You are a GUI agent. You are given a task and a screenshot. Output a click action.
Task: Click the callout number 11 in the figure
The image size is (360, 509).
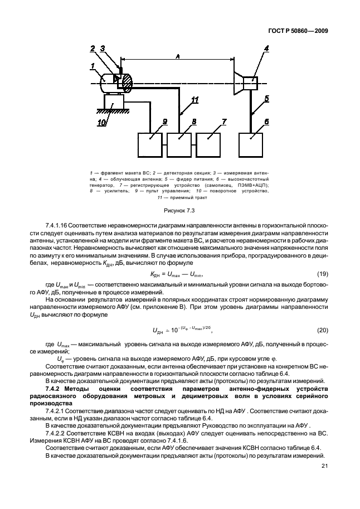point(194,101)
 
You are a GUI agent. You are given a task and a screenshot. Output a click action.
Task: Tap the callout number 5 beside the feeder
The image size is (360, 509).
point(266,98)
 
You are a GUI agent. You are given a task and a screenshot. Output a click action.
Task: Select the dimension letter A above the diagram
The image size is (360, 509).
point(177,56)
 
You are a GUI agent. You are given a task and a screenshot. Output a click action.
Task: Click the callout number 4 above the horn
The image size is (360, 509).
point(266,49)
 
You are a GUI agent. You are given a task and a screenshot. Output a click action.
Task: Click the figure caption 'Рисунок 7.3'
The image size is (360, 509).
point(178,210)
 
